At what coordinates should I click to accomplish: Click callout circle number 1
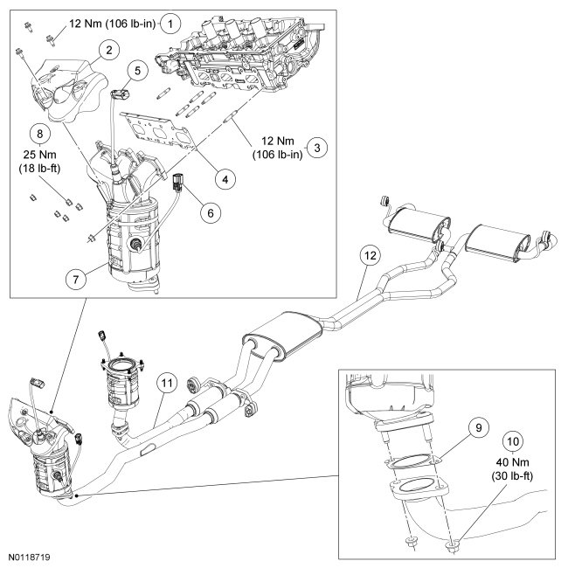pyautogui.click(x=170, y=24)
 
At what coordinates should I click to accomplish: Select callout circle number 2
pyautogui.click(x=109, y=50)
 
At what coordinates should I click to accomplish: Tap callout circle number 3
pyautogui.click(x=317, y=148)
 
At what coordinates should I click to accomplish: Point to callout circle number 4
pyautogui.click(x=225, y=179)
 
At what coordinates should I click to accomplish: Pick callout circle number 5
pyautogui.click(x=137, y=70)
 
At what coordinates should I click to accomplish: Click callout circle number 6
pyautogui.click(x=211, y=213)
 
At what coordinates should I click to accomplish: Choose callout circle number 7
pyautogui.click(x=76, y=279)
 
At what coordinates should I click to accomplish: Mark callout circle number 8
pyautogui.click(x=40, y=134)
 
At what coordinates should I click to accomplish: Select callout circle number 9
pyautogui.click(x=479, y=428)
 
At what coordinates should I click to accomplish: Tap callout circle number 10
pyautogui.click(x=513, y=441)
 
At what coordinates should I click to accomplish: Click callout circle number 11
pyautogui.click(x=167, y=383)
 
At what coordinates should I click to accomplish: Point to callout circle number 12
pyautogui.click(x=370, y=256)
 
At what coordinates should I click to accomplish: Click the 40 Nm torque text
pyautogui.click(x=513, y=462)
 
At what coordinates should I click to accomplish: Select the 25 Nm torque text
pyautogui.click(x=40, y=155)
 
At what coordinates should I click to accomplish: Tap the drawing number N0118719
pyautogui.click(x=30, y=557)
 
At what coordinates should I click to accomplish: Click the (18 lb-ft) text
pyautogui.click(x=39, y=169)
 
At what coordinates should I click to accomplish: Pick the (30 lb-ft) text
pyautogui.click(x=512, y=476)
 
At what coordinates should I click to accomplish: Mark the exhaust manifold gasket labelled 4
pyautogui.click(x=158, y=130)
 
